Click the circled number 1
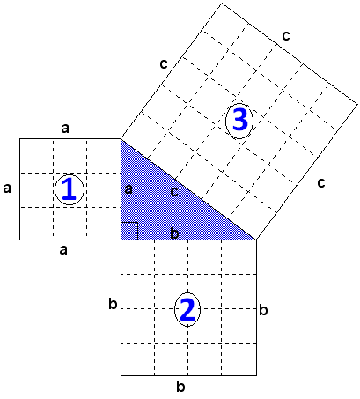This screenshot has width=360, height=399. tap(70, 190)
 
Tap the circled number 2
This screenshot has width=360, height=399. tap(187, 309)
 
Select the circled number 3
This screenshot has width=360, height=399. tap(239, 121)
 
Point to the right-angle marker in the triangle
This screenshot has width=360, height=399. tap(129, 231)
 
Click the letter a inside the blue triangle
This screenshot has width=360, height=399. tap(129, 189)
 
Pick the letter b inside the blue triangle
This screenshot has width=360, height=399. tap(174, 233)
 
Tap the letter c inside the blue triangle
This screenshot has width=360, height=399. tap(174, 192)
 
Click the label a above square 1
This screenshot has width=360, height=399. tap(65, 128)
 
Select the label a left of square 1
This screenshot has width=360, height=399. tap(7, 188)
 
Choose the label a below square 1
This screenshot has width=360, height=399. tap(63, 250)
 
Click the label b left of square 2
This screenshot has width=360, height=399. tap(113, 304)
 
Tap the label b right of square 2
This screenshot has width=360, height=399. tap(263, 310)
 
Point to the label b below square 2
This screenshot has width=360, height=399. tap(180, 386)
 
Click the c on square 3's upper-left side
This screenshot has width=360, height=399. tap(164, 63)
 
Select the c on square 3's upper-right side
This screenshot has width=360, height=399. tap(286, 35)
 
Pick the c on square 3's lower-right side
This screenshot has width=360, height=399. tap(321, 183)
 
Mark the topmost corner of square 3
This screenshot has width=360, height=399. tap(223, 3)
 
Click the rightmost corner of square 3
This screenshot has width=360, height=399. tap(357, 104)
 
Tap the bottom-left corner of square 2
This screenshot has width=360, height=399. tap(121, 375)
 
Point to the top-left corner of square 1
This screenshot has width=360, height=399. tap(20, 139)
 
